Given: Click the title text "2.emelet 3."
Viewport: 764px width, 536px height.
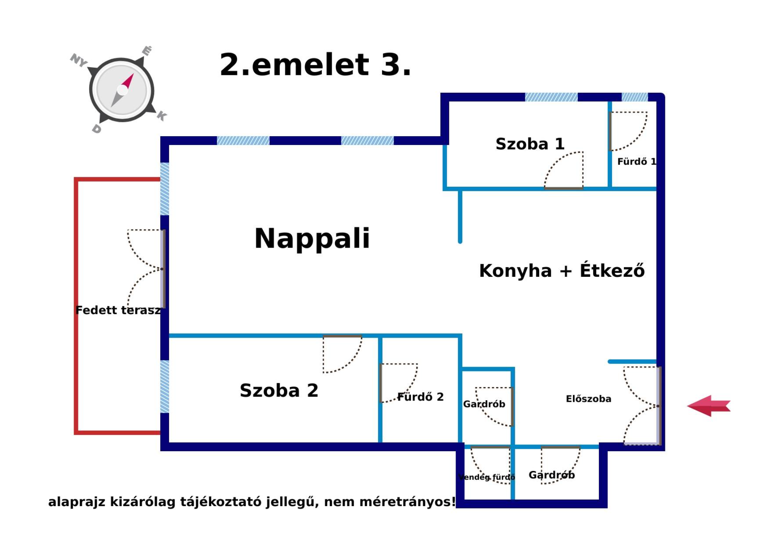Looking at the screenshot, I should click(315, 65).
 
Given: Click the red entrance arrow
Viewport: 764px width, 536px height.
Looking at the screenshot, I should click(709, 406).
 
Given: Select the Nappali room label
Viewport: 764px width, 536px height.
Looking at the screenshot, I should click(312, 238).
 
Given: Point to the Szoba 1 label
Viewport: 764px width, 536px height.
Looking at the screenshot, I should click(530, 144).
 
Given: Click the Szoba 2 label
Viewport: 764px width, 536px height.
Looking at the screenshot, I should click(279, 390).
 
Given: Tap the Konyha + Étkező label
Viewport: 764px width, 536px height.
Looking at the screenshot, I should click(561, 271).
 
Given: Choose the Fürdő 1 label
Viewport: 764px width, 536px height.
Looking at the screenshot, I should click(636, 162).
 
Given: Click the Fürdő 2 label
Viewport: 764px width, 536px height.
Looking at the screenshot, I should click(420, 397).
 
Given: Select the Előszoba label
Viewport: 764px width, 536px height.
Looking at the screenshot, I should click(588, 399).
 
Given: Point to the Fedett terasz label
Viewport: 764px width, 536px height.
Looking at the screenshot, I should click(118, 310).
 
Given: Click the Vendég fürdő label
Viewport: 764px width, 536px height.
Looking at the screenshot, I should click(486, 477).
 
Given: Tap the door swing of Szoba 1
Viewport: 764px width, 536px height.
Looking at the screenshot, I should click(565, 170).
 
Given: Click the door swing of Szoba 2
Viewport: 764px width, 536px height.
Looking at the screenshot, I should click(341, 354).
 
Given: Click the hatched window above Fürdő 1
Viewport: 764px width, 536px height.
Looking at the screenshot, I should click(635, 97).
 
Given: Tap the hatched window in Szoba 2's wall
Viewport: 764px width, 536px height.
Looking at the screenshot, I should click(164, 386).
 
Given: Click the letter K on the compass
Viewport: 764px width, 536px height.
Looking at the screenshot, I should click(162, 116).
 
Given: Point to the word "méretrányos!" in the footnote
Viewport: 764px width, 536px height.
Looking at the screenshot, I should click(408, 502).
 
